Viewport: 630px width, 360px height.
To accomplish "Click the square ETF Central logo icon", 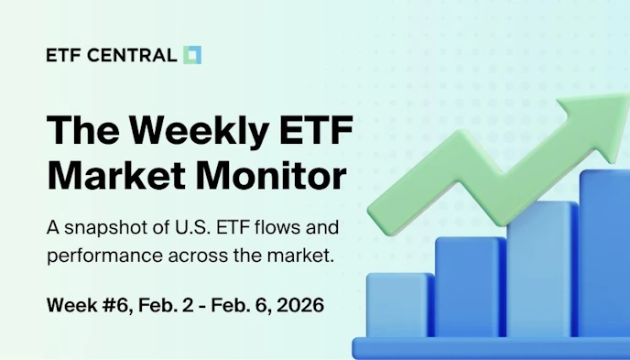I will (192, 55).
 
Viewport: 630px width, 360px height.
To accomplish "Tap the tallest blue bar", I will (604, 256).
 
